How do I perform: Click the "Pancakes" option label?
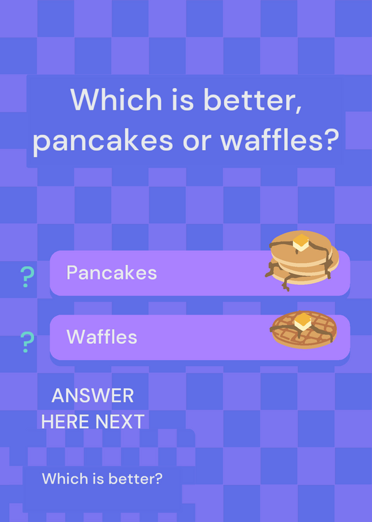click(x=111, y=273)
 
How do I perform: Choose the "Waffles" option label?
click(x=102, y=337)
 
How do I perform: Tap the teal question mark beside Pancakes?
click(x=27, y=277)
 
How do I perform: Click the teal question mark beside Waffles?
click(x=27, y=342)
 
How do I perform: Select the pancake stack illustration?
click(x=302, y=260)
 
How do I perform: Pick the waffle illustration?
click(x=304, y=330)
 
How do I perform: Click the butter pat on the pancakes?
click(x=301, y=242)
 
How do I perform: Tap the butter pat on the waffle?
click(x=303, y=322)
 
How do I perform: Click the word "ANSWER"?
click(x=93, y=396)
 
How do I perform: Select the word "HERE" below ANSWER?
click(x=66, y=422)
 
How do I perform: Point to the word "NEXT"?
click(x=120, y=422)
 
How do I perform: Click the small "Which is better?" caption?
click(x=102, y=479)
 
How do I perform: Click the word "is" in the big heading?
click(x=182, y=100)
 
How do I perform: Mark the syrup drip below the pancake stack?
click(x=285, y=283)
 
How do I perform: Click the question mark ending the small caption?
click(x=159, y=479)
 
